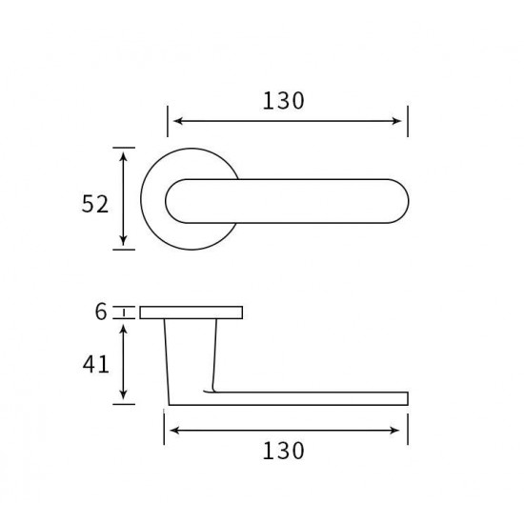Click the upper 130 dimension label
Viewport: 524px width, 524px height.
pyautogui.click(x=283, y=101)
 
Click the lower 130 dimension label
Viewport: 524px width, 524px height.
pyautogui.click(x=283, y=452)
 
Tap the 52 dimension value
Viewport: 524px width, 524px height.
pyautogui.click(x=95, y=204)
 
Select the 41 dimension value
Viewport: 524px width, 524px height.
pyautogui.click(x=96, y=364)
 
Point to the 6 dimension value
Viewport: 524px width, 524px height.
pyautogui.click(x=101, y=312)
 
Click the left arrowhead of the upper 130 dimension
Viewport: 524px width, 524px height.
pyautogui.click(x=178, y=121)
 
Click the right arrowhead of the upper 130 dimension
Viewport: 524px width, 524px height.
pyautogui.click(x=397, y=121)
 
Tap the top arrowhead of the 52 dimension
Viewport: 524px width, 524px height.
pyautogui.click(x=124, y=157)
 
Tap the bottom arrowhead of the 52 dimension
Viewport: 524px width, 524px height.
pyautogui.click(x=124, y=240)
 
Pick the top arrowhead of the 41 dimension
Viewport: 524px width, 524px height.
pyautogui.click(x=124, y=329)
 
